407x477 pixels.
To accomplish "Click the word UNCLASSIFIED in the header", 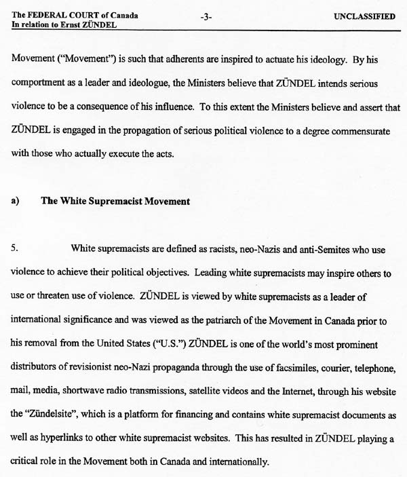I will tap(364, 16).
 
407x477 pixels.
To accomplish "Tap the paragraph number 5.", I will tap(14, 248).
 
